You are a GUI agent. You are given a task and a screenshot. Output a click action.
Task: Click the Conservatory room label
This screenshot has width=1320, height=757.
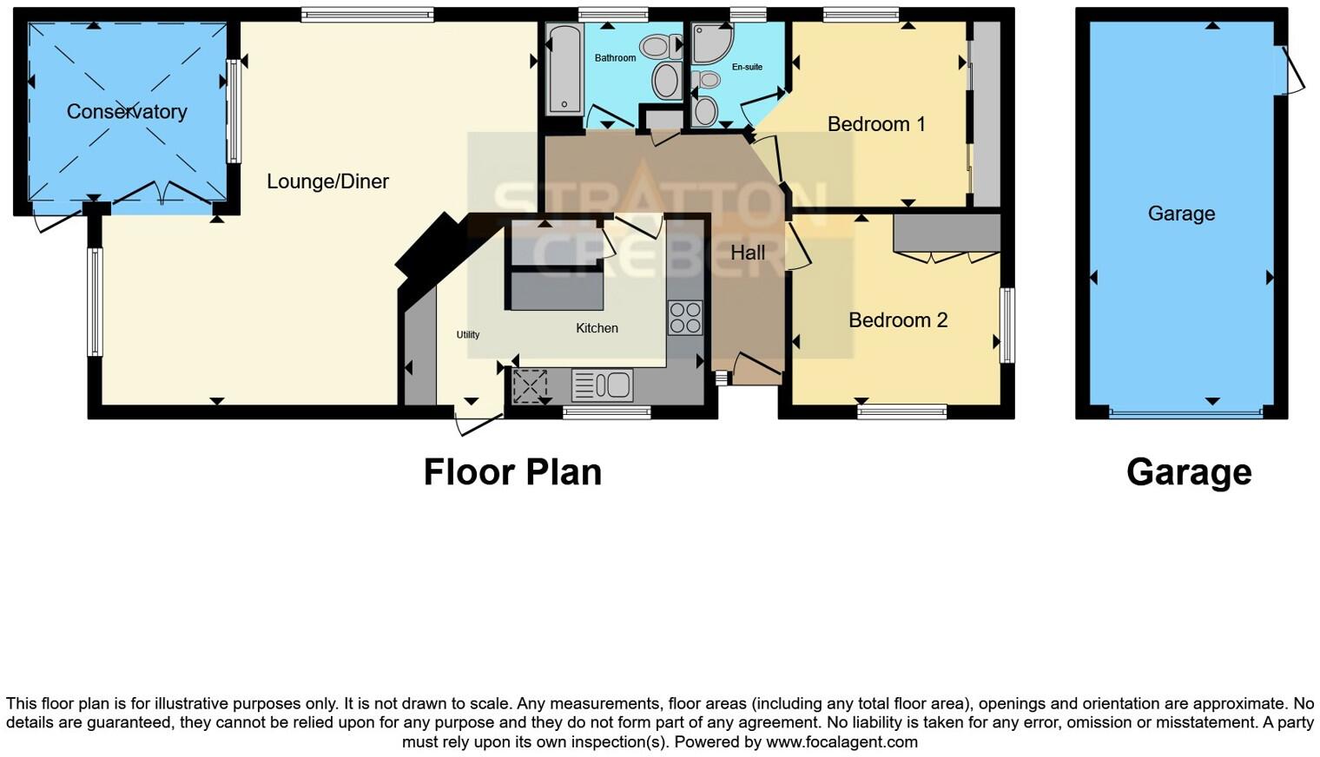[127, 111]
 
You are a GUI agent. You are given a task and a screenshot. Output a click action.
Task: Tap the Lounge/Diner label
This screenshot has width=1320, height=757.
[327, 181]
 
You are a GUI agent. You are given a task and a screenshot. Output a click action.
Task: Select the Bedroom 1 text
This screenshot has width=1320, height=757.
[876, 124]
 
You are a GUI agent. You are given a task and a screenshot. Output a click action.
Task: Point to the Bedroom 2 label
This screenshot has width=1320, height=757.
[898, 320]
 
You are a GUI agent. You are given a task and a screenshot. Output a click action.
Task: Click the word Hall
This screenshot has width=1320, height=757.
[748, 253]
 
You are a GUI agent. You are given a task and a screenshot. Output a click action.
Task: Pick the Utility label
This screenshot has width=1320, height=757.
[468, 334]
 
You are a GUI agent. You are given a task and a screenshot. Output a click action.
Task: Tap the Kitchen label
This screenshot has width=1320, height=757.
[597, 328]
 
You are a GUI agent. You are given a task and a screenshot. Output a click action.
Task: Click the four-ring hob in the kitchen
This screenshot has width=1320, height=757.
[684, 318]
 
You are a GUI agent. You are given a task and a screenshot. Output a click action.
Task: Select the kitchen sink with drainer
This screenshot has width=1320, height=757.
[603, 385]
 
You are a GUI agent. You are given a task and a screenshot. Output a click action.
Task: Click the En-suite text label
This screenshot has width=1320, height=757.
[747, 67]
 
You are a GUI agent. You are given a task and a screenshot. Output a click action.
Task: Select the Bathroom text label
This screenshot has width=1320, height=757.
[615, 58]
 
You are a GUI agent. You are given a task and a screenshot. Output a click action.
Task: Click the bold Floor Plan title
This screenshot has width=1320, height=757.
[512, 472]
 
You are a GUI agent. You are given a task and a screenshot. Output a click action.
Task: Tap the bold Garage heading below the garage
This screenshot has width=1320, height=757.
[1189, 472]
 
